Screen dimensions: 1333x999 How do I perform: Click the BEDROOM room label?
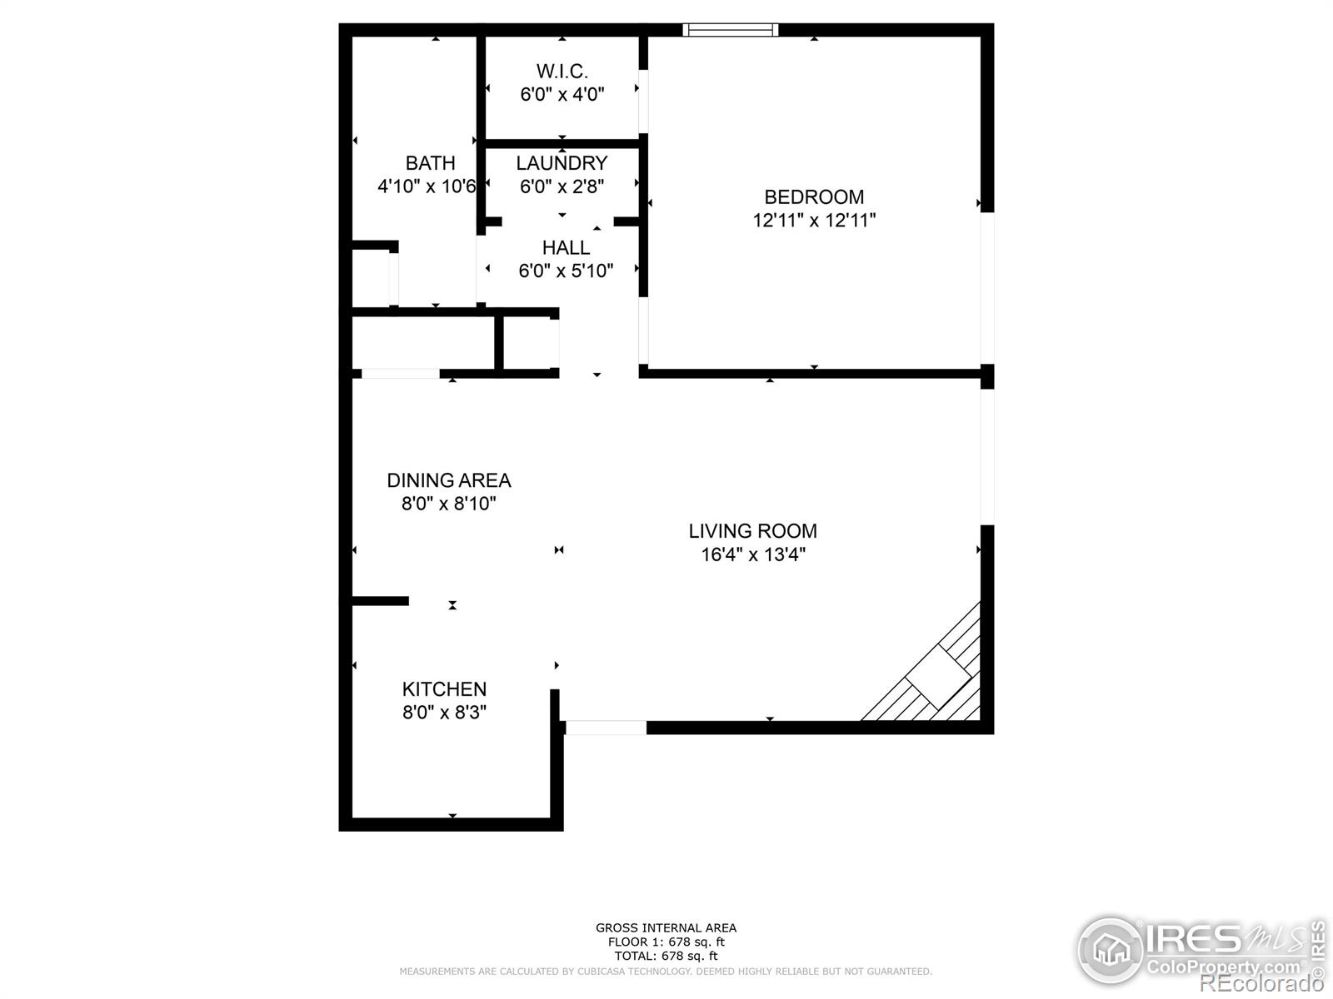tap(814, 197)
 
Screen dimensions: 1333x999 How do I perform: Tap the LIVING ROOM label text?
tap(752, 531)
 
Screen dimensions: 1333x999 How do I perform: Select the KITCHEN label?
tap(444, 689)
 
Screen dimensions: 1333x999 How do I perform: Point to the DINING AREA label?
tap(449, 480)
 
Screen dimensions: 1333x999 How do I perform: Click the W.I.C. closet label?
tap(562, 72)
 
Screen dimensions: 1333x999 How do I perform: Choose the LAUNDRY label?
tap(562, 163)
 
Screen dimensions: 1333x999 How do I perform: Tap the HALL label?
tap(566, 247)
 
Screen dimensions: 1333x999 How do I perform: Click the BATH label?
tap(430, 163)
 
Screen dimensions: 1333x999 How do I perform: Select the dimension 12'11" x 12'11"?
tap(814, 220)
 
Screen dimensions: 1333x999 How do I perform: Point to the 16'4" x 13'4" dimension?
tap(753, 554)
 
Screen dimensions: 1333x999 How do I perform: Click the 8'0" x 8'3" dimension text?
tap(445, 712)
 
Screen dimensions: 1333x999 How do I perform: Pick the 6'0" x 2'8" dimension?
tap(562, 186)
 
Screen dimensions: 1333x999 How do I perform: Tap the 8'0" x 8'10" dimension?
tap(449, 504)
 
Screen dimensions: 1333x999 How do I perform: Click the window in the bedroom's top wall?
tap(730, 30)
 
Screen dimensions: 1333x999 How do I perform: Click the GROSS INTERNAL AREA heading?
tap(666, 927)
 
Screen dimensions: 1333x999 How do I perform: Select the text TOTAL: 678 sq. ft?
tap(666, 956)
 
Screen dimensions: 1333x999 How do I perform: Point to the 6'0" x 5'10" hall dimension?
tap(566, 271)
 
